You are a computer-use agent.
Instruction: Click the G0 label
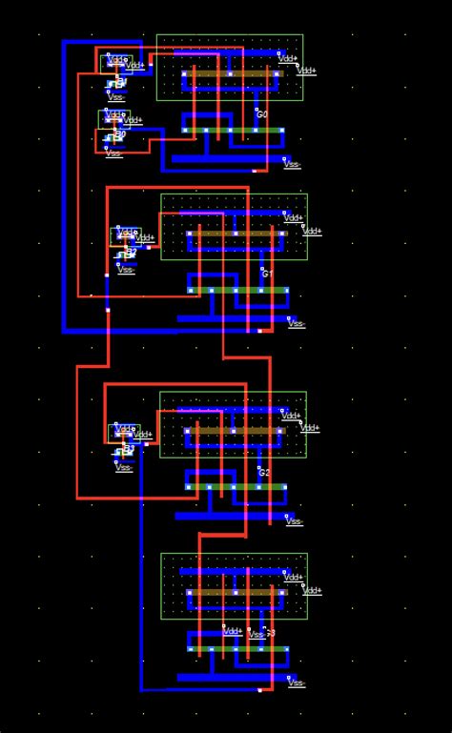(x=262, y=114)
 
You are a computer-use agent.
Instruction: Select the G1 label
(x=267, y=274)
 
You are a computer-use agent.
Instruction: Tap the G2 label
(x=265, y=472)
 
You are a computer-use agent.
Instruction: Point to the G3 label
(x=270, y=633)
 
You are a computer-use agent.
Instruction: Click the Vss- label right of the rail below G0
(x=292, y=164)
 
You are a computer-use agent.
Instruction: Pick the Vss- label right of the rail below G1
(x=297, y=324)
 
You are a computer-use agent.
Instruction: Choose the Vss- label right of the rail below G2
(x=295, y=520)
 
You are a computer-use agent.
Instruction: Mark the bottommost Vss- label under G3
(x=296, y=682)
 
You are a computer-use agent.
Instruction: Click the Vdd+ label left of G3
(x=233, y=631)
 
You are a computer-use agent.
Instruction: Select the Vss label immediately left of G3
(x=255, y=633)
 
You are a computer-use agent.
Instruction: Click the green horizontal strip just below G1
(x=238, y=290)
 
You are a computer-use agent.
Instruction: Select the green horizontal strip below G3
(x=238, y=649)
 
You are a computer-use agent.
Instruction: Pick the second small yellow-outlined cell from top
(x=111, y=118)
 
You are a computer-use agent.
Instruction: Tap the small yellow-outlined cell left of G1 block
(x=128, y=234)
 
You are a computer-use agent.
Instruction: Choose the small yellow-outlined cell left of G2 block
(x=125, y=432)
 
